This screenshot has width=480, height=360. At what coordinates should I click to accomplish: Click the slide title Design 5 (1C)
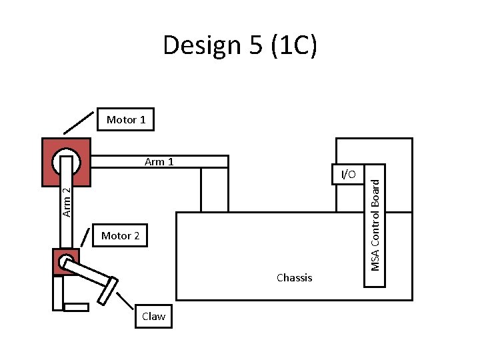tap(240, 45)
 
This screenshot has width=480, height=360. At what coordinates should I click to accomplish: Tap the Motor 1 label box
tap(126, 120)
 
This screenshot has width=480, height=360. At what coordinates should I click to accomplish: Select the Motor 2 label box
tap(120, 235)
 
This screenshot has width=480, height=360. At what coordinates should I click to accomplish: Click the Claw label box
tap(153, 316)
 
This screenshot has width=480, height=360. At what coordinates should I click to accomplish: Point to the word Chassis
tap(294, 277)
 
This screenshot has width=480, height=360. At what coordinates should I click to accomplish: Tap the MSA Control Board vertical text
tap(376, 220)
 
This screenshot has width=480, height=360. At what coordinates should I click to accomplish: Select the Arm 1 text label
tap(159, 161)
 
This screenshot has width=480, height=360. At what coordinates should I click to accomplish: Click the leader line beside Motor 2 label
tap(86, 237)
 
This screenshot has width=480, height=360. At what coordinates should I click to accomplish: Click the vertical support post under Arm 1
tap(214, 189)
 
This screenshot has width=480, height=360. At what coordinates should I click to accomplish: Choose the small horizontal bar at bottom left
tap(76, 307)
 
